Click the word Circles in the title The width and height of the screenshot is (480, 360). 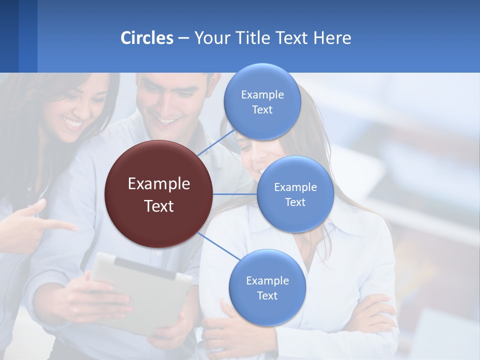pyautogui.click(x=147, y=38)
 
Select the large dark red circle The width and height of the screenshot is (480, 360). pyautogui.click(x=159, y=194)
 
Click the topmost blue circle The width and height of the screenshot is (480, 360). pyautogui.click(x=262, y=101)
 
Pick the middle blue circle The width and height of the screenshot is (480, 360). pyautogui.click(x=295, y=194)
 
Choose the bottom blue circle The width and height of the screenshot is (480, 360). pyautogui.click(x=267, y=287)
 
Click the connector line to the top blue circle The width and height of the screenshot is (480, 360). pyautogui.click(x=216, y=141)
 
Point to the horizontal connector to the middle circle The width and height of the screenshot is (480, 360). pyautogui.click(x=235, y=194)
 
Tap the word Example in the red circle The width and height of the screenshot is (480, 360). pyautogui.click(x=159, y=184)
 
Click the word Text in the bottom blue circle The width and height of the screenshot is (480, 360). pyautogui.click(x=267, y=295)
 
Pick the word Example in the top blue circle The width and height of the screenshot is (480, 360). pyautogui.click(x=262, y=95)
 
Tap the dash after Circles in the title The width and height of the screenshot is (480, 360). pyautogui.click(x=183, y=38)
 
